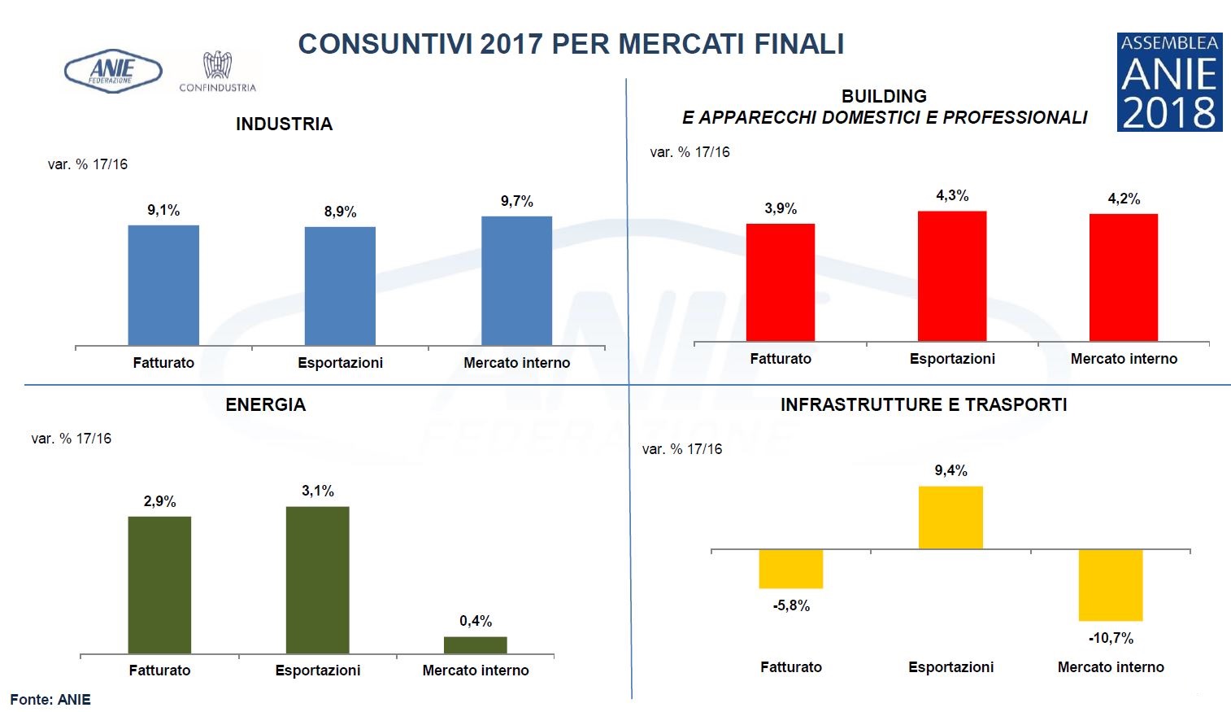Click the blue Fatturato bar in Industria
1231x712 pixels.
click(163, 285)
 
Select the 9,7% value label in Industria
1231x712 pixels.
click(516, 201)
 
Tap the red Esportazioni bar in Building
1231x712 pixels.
click(951, 276)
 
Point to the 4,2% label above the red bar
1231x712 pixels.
click(1124, 199)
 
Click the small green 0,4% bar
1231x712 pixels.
click(475, 644)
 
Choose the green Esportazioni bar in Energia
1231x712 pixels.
click(317, 579)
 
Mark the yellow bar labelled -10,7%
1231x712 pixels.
click(1110, 585)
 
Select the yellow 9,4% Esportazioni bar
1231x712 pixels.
click(950, 518)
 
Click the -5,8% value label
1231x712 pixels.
click(791, 605)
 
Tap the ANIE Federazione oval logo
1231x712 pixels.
click(112, 72)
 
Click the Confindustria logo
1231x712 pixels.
click(217, 72)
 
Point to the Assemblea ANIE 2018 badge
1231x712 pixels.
click(1168, 81)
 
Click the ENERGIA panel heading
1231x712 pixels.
click(265, 404)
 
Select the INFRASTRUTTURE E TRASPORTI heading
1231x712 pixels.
click(923, 404)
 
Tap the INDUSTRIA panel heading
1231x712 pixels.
click(284, 124)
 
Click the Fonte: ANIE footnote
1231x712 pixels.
click(50, 699)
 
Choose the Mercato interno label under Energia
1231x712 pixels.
click(475, 671)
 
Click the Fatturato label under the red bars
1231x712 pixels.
click(780, 359)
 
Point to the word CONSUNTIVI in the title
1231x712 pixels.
click(385, 44)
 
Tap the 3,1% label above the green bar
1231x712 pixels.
click(317, 491)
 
